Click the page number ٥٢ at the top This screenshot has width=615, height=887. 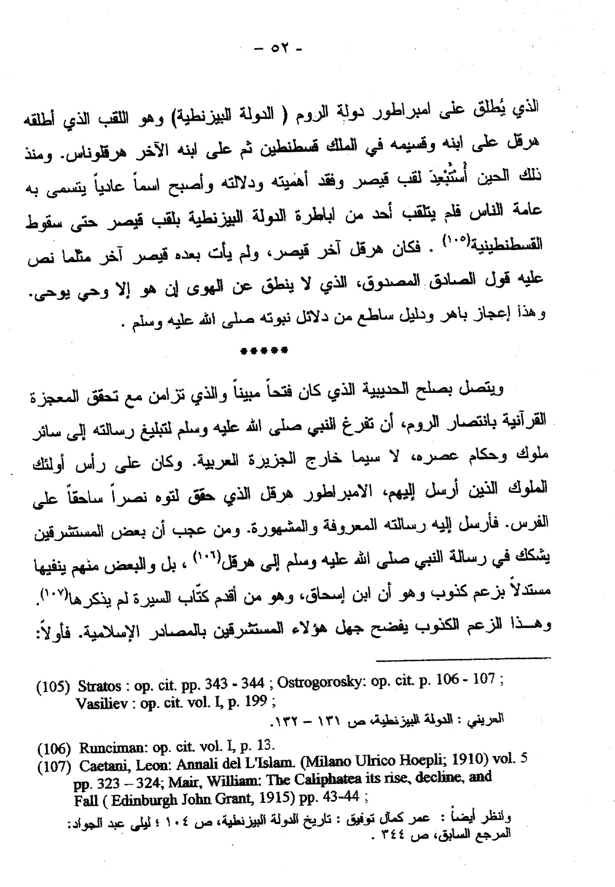coord(276,49)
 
